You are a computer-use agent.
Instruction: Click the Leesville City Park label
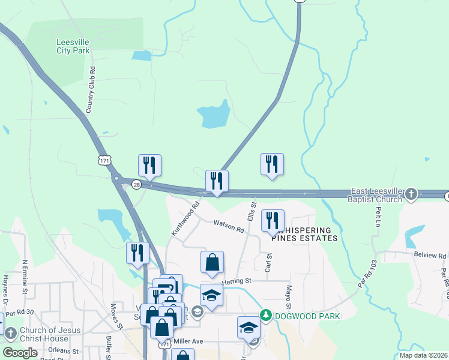tap(73, 46)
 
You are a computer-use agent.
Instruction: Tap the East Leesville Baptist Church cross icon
tap(411, 193)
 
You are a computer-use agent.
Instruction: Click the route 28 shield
tap(137, 185)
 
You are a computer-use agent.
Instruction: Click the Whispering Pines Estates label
tap(304, 234)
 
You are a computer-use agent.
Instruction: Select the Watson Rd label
tap(229, 226)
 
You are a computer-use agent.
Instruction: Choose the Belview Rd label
tap(430, 256)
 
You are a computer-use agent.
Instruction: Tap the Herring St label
tap(235, 281)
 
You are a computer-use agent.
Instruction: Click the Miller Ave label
tap(188, 341)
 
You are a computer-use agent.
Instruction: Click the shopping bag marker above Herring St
tap(212, 262)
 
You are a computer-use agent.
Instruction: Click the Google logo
tap(20, 352)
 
